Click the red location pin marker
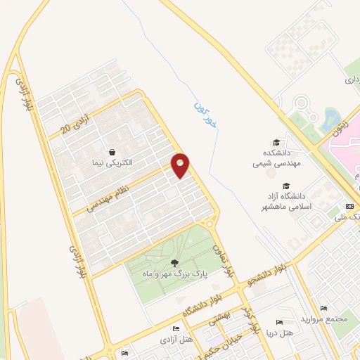point(181,165)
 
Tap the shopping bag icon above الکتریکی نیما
point(112,151)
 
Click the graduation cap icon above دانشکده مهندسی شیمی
point(277,142)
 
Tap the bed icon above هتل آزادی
point(176,329)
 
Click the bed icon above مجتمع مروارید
point(323,309)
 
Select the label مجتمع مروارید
point(324,319)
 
